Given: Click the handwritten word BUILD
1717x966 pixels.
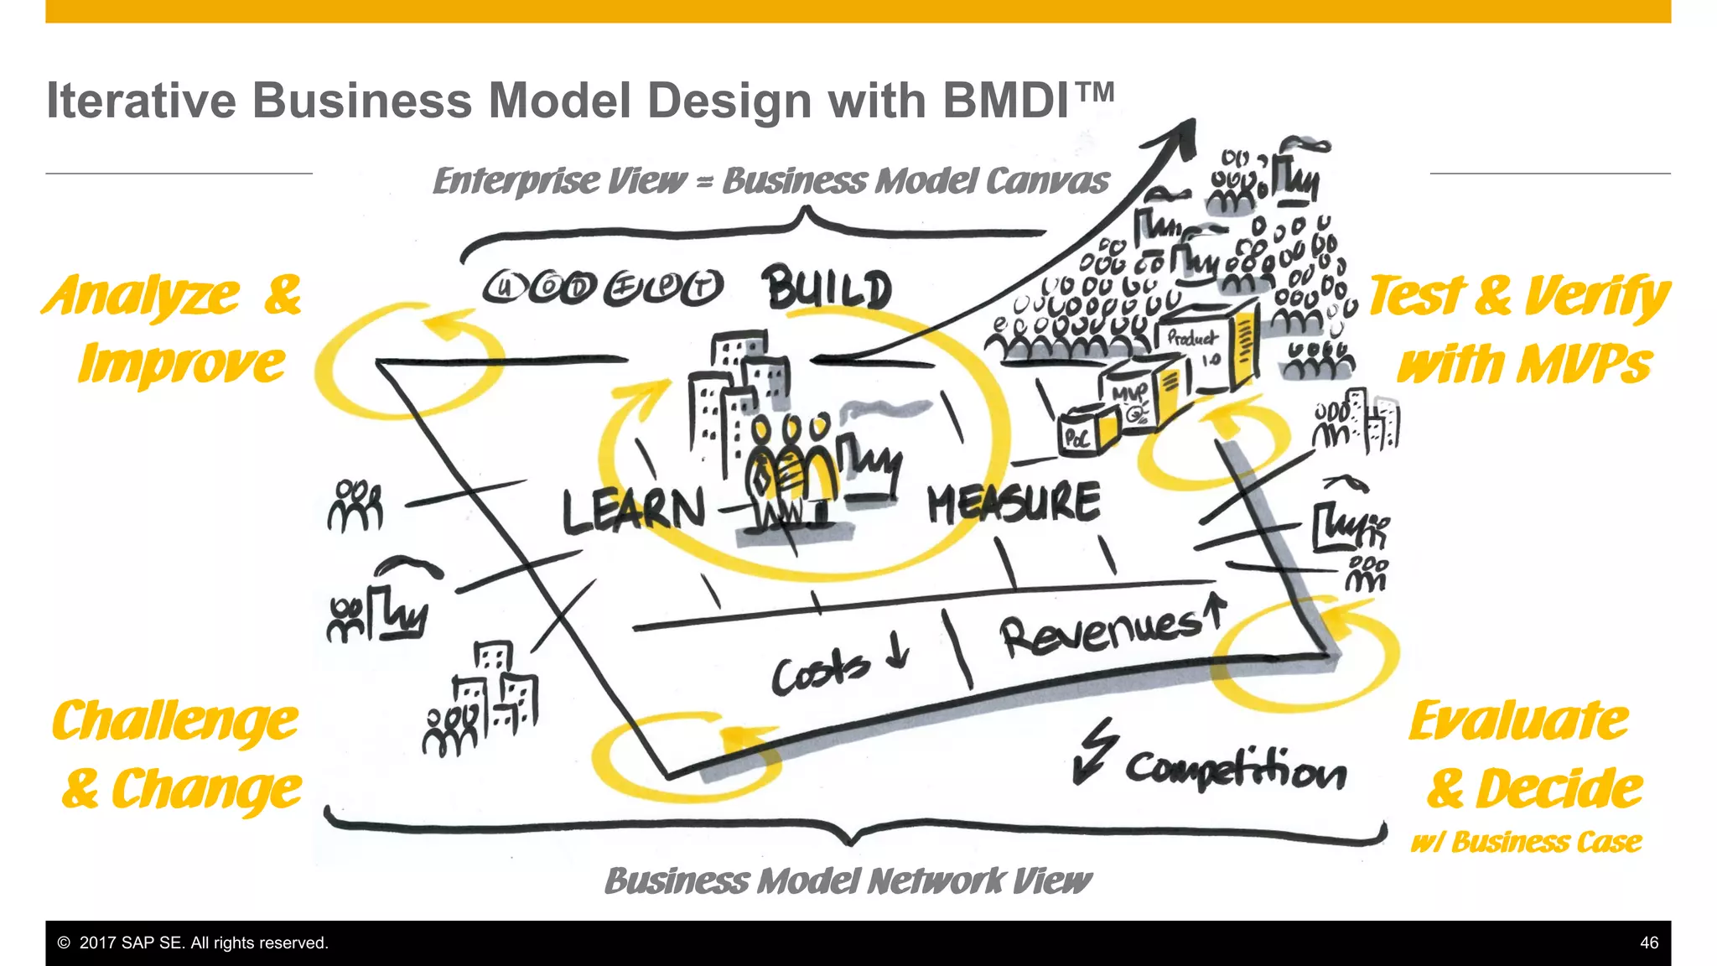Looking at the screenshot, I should (x=827, y=288).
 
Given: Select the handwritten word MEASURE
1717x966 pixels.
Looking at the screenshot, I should (x=1013, y=503).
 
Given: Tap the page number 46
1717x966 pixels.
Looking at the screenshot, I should (x=1648, y=943).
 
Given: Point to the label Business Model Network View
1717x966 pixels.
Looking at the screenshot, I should (x=847, y=880).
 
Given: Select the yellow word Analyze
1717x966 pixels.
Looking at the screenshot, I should (x=143, y=295).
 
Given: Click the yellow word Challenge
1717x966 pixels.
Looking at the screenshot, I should (x=174, y=721).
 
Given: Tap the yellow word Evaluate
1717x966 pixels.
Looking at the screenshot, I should (x=1517, y=721).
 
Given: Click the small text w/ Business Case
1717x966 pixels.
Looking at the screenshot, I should (x=1526, y=842).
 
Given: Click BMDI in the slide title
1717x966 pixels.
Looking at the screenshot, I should (x=1006, y=101).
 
